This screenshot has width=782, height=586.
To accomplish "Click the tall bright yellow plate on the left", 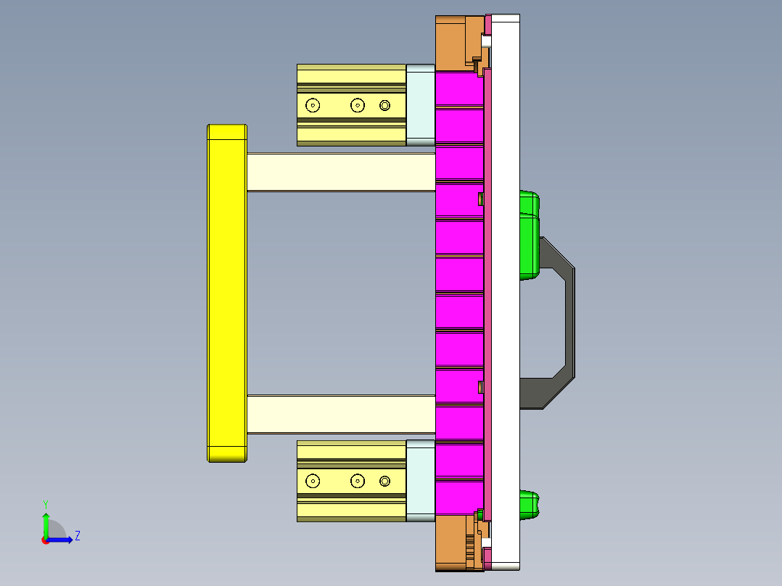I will (x=226, y=293).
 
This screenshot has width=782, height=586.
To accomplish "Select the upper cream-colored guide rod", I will (x=341, y=172).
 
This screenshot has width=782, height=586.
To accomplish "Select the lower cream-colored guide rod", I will (x=341, y=414).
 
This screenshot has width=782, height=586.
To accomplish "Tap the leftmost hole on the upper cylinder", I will (x=313, y=105).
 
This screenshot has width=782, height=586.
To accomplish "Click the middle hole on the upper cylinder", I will (x=357, y=105).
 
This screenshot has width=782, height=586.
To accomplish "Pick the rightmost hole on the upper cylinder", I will (x=384, y=106).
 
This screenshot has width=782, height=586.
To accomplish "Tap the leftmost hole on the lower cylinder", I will (x=313, y=480).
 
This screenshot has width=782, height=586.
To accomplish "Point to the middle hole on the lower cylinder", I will (x=357, y=480).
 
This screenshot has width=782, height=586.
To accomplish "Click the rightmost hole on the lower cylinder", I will (x=384, y=481).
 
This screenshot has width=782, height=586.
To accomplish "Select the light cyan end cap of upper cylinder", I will (x=420, y=105).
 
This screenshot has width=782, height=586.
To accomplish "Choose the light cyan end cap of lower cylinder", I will (x=420, y=480).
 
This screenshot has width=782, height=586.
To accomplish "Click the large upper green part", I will (x=529, y=239).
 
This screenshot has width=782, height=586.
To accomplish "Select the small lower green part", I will (x=530, y=504).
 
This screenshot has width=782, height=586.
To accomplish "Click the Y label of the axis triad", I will (x=45, y=504).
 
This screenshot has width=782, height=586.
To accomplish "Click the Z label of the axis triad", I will (x=77, y=536).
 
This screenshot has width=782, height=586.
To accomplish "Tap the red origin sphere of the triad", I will (x=46, y=540).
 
